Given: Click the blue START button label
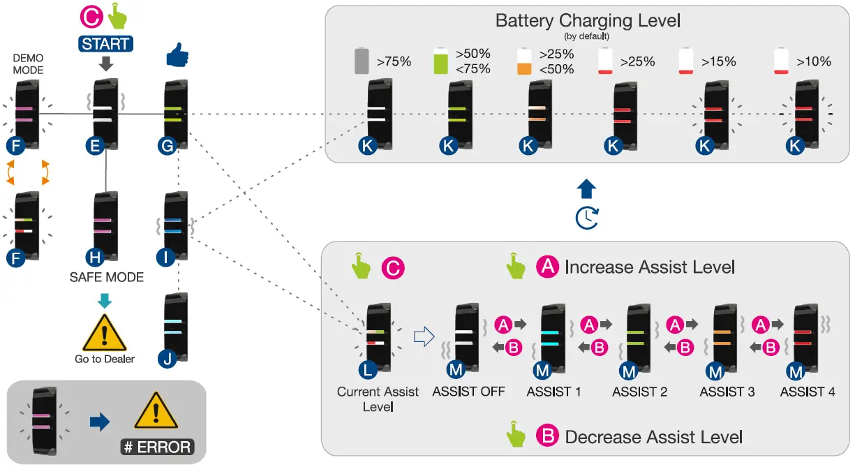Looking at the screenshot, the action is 105,44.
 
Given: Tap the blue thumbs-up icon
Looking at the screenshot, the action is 177,55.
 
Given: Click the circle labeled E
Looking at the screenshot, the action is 95,146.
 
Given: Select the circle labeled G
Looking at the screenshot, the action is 168,146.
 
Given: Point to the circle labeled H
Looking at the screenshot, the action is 95,258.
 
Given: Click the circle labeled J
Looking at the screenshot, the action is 168,359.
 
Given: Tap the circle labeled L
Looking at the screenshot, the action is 368,370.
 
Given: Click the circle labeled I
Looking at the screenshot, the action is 165,258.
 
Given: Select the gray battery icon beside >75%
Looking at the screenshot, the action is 362,61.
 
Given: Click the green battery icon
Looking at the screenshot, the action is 441,61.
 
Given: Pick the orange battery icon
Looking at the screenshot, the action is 524,61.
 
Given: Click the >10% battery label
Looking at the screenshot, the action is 813,61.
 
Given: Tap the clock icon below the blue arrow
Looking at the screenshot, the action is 587,218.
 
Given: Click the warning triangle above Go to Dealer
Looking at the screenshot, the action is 105,332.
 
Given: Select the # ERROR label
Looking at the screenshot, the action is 158,447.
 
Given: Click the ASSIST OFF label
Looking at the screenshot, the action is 469,392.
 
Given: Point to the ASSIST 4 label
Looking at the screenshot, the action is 808,392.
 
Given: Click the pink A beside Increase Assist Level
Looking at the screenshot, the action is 548,266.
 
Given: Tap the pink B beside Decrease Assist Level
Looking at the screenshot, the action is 548,436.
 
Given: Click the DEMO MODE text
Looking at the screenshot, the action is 28,64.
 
